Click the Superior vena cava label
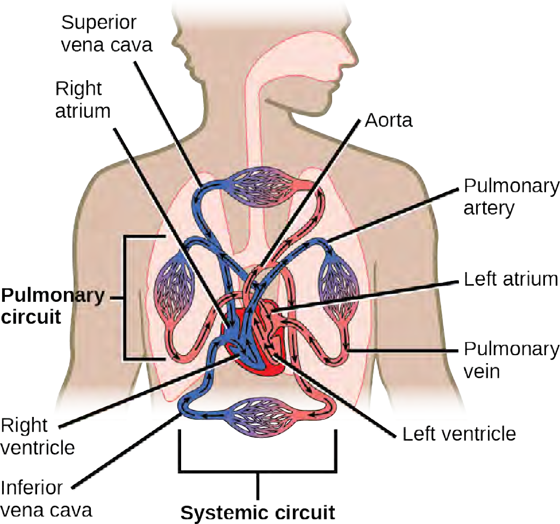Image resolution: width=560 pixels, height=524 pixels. coord(106,33)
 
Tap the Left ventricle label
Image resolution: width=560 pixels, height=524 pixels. coord(460,433)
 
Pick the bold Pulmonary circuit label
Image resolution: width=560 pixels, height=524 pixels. coord(52,306)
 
